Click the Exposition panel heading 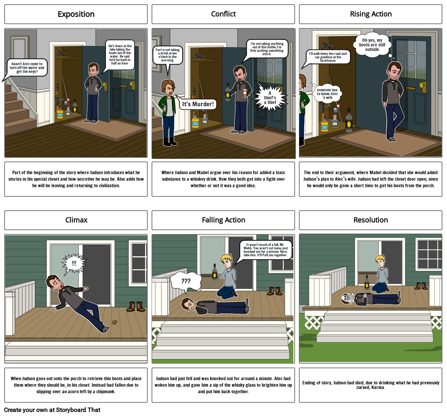point(76,14)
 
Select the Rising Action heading point(371,14)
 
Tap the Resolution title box point(371,220)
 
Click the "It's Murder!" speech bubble point(198,104)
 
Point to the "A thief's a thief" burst point(270,98)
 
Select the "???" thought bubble point(186,282)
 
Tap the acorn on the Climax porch point(114,322)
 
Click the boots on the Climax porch point(136,307)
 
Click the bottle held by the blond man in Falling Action point(214,272)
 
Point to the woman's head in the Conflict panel point(168,87)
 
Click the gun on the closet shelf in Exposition point(61,53)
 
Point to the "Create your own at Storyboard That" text point(52,410)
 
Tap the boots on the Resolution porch point(421,286)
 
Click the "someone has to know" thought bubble point(327,94)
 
